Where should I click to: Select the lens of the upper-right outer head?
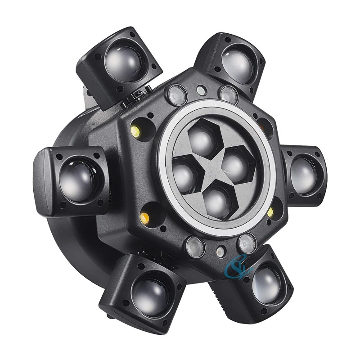pos(237,64)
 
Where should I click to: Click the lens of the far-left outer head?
pos(76,179)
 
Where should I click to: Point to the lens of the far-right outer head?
pos(304,175)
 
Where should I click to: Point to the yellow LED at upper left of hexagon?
pos(134,131)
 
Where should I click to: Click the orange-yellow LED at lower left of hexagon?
pos(145,218)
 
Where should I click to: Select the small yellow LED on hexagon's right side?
pos(270,211)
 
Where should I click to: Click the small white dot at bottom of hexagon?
pos(220,252)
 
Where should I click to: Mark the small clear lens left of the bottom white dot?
pos(195,246)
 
